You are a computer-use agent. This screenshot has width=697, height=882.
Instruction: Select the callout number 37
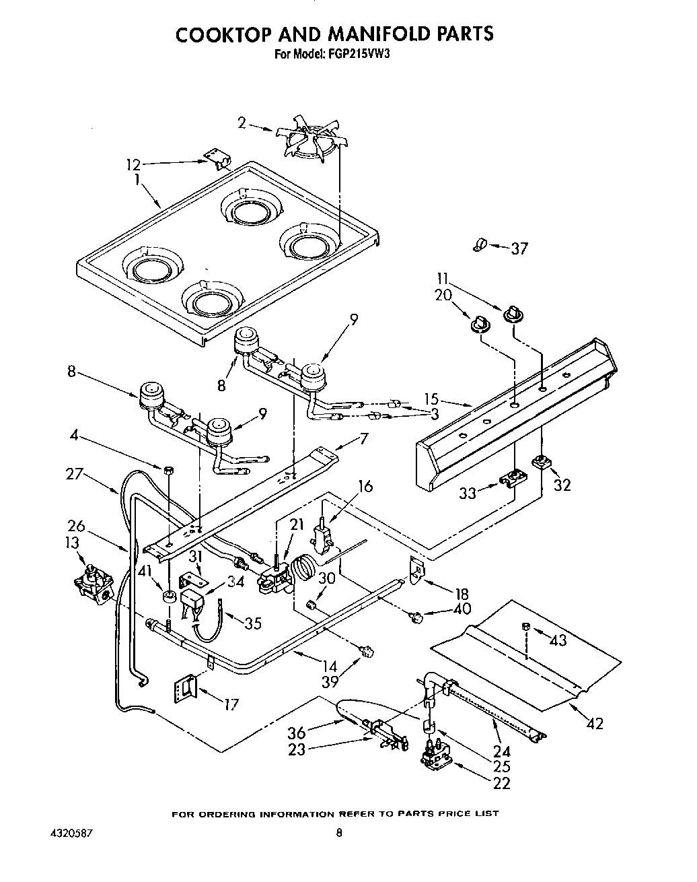point(519,248)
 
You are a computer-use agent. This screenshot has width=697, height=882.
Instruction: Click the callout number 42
point(594,724)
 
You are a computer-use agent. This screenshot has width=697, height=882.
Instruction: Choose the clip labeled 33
point(514,478)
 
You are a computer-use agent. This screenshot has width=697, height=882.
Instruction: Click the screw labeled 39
point(367,650)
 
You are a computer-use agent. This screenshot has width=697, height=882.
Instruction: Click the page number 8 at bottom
point(339,833)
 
